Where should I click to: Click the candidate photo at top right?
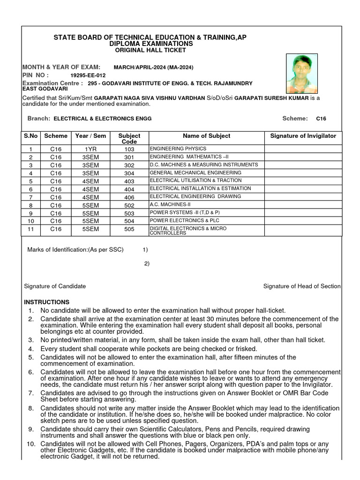(301, 73)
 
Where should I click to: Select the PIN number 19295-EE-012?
(88, 75)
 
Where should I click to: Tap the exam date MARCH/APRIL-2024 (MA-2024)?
(153, 67)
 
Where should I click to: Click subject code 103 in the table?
(129, 149)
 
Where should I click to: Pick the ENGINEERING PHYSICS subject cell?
(178, 149)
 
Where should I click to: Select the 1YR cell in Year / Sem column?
(90, 149)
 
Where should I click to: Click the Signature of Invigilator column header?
(303, 136)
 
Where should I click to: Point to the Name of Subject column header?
(206, 136)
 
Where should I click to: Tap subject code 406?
(129, 197)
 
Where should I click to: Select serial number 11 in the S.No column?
(31, 229)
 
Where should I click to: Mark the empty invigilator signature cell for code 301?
(303, 157)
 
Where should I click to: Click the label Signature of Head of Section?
(302, 286)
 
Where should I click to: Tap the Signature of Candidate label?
(55, 286)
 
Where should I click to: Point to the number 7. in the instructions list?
(31, 393)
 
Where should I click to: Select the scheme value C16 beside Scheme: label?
(321, 119)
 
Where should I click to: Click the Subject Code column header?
(129, 138)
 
